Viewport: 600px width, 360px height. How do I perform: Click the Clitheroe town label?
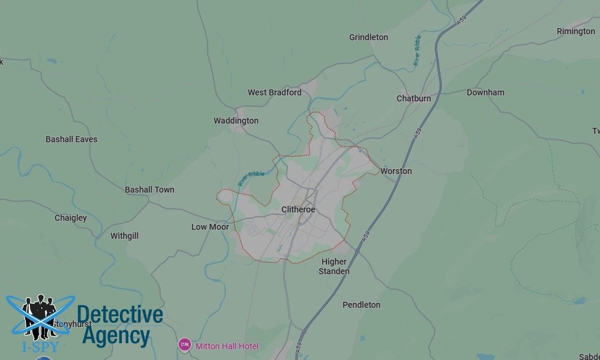(298, 209)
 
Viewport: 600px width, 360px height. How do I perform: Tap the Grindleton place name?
(368, 37)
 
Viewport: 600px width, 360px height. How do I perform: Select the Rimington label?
(575, 31)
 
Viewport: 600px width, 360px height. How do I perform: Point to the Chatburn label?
(413, 98)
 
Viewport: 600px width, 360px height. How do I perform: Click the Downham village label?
(485, 92)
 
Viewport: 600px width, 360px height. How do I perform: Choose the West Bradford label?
(274, 92)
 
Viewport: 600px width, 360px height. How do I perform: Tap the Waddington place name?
(236, 121)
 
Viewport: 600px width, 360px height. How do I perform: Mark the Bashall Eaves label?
(71, 139)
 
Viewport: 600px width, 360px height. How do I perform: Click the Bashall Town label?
(149, 190)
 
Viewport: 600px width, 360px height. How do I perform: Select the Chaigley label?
(71, 218)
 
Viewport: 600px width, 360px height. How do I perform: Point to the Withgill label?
(124, 236)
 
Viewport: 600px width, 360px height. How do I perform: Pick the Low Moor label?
(210, 227)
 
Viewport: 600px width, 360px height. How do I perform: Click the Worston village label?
(396, 171)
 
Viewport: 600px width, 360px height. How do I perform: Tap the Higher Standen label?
(334, 266)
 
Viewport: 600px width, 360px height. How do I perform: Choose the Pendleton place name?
(361, 305)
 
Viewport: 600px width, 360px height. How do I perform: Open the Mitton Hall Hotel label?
(227, 346)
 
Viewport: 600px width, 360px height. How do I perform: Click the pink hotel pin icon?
(185, 345)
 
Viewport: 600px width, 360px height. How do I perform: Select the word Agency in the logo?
(116, 336)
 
